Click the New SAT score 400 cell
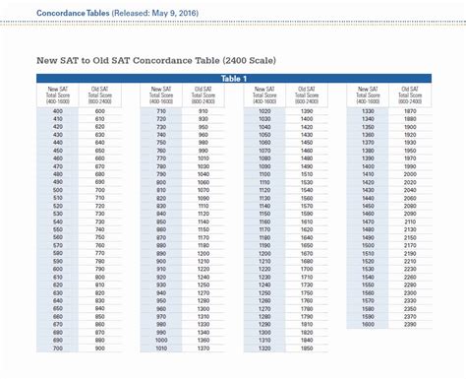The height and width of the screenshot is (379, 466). [57, 111]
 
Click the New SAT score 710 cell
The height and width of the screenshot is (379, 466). [160, 111]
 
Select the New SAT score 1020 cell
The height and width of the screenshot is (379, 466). [264, 111]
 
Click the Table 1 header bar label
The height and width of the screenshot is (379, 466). [233, 79]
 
